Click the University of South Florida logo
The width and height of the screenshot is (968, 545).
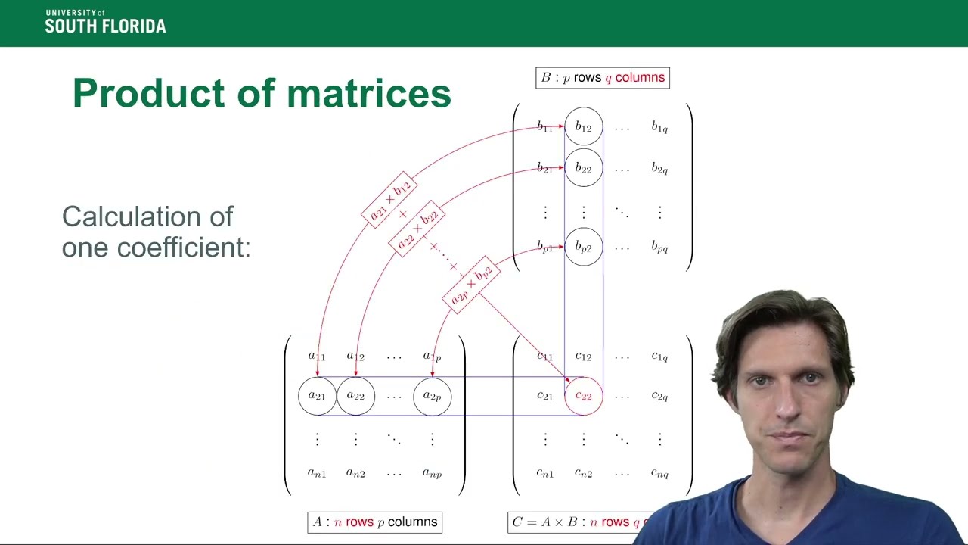tap(105, 23)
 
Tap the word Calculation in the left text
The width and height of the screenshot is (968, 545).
tap(147, 216)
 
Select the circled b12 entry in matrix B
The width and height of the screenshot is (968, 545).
tap(583, 127)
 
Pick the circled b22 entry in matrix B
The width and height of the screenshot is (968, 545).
tap(583, 168)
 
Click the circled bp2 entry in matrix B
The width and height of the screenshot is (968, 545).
tap(583, 247)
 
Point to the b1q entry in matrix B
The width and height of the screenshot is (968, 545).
tap(659, 127)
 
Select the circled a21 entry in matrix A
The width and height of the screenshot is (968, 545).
tap(317, 396)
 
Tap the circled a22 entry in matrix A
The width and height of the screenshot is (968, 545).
tap(355, 396)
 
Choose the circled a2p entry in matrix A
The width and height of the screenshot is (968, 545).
tap(432, 396)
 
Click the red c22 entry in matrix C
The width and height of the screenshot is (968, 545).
tap(583, 396)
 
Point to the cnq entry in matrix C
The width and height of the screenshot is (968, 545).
tap(659, 474)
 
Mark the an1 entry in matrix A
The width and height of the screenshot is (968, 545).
tap(317, 474)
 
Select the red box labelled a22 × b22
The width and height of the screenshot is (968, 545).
tap(417, 229)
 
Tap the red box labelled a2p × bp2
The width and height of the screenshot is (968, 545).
tap(470, 285)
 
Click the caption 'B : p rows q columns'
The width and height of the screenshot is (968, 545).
tap(603, 78)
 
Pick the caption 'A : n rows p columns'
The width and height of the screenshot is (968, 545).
tap(375, 522)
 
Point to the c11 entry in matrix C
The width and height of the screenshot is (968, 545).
tap(544, 357)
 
